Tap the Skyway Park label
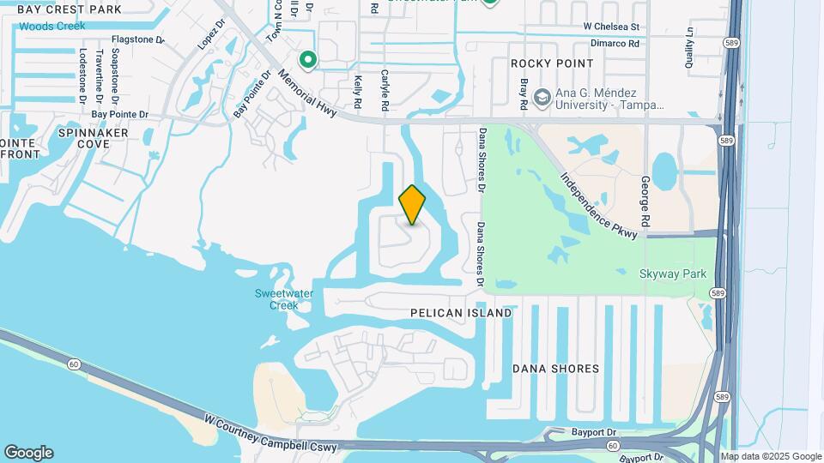pos(673,274)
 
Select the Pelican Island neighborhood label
pos(461,313)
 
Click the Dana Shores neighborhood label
pos(555,369)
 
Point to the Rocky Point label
pos(552,63)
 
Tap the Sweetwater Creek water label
pos(284,299)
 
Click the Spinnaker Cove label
pos(94,139)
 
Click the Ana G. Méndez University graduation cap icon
pos(541,98)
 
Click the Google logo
pos(28,453)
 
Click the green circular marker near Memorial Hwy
pos(307,59)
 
